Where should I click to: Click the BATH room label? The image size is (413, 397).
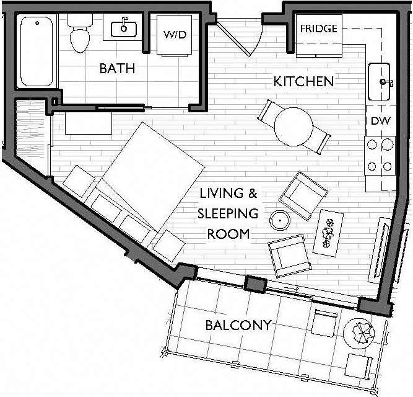[x=116, y=68]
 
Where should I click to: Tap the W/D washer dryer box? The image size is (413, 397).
[x=175, y=35]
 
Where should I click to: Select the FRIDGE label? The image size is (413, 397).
[x=318, y=29]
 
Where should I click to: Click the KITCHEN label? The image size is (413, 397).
[x=303, y=81]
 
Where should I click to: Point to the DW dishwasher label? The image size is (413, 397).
[x=380, y=121]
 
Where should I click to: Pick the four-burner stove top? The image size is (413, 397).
[x=380, y=155]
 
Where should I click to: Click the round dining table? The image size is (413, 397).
[x=293, y=126]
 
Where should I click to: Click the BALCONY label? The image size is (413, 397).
[x=238, y=325]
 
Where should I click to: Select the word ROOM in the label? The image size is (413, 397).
[x=228, y=234]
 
